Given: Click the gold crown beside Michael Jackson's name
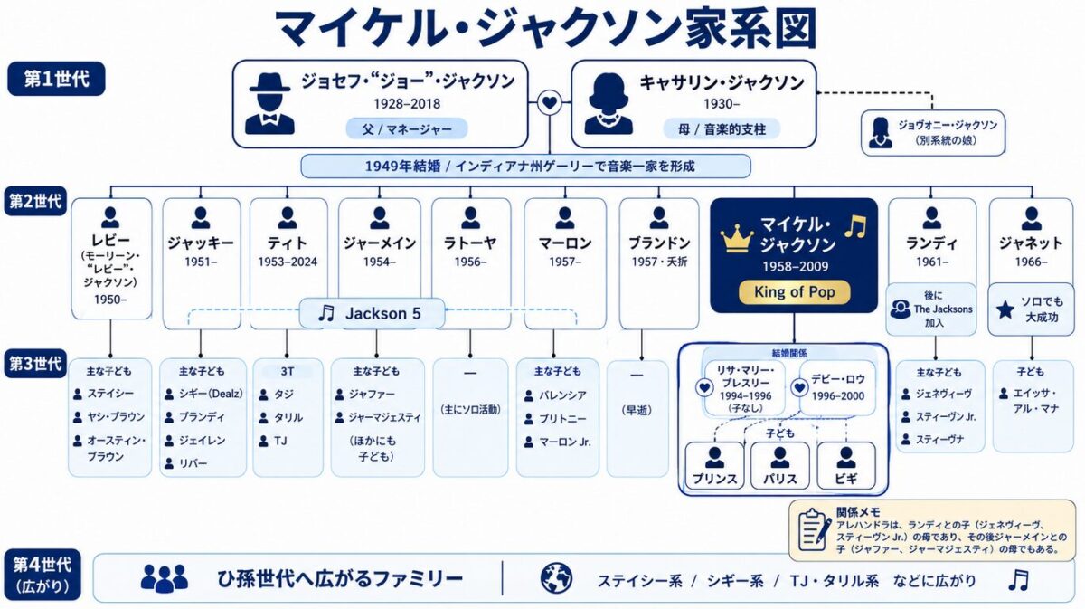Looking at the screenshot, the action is click(737, 239).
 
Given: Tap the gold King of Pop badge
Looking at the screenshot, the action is click(795, 292).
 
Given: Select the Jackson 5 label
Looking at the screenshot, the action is click(372, 313).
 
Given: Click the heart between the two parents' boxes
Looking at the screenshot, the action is click(550, 103).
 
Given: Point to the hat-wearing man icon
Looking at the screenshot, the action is click(269, 104).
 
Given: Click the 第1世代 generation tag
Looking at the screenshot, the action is click(56, 79).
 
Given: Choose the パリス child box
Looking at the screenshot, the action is click(779, 465).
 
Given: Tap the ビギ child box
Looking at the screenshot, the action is click(846, 465).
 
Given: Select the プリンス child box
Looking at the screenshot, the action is click(714, 465).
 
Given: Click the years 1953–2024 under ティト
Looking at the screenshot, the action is click(288, 262).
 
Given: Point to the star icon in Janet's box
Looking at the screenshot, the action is click(1005, 309).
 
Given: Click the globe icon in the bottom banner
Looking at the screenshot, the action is click(556, 578).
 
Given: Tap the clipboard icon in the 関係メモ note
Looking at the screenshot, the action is click(815, 529).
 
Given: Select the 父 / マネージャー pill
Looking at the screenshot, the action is click(407, 129).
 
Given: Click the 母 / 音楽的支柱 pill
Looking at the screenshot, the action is click(722, 129).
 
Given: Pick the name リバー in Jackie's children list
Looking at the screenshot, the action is click(193, 463).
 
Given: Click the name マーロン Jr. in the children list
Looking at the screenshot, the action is click(565, 442).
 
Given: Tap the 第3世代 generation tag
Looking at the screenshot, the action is click(35, 363).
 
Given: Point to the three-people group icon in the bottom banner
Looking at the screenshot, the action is click(165, 578).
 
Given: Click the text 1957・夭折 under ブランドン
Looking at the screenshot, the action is click(659, 262).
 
